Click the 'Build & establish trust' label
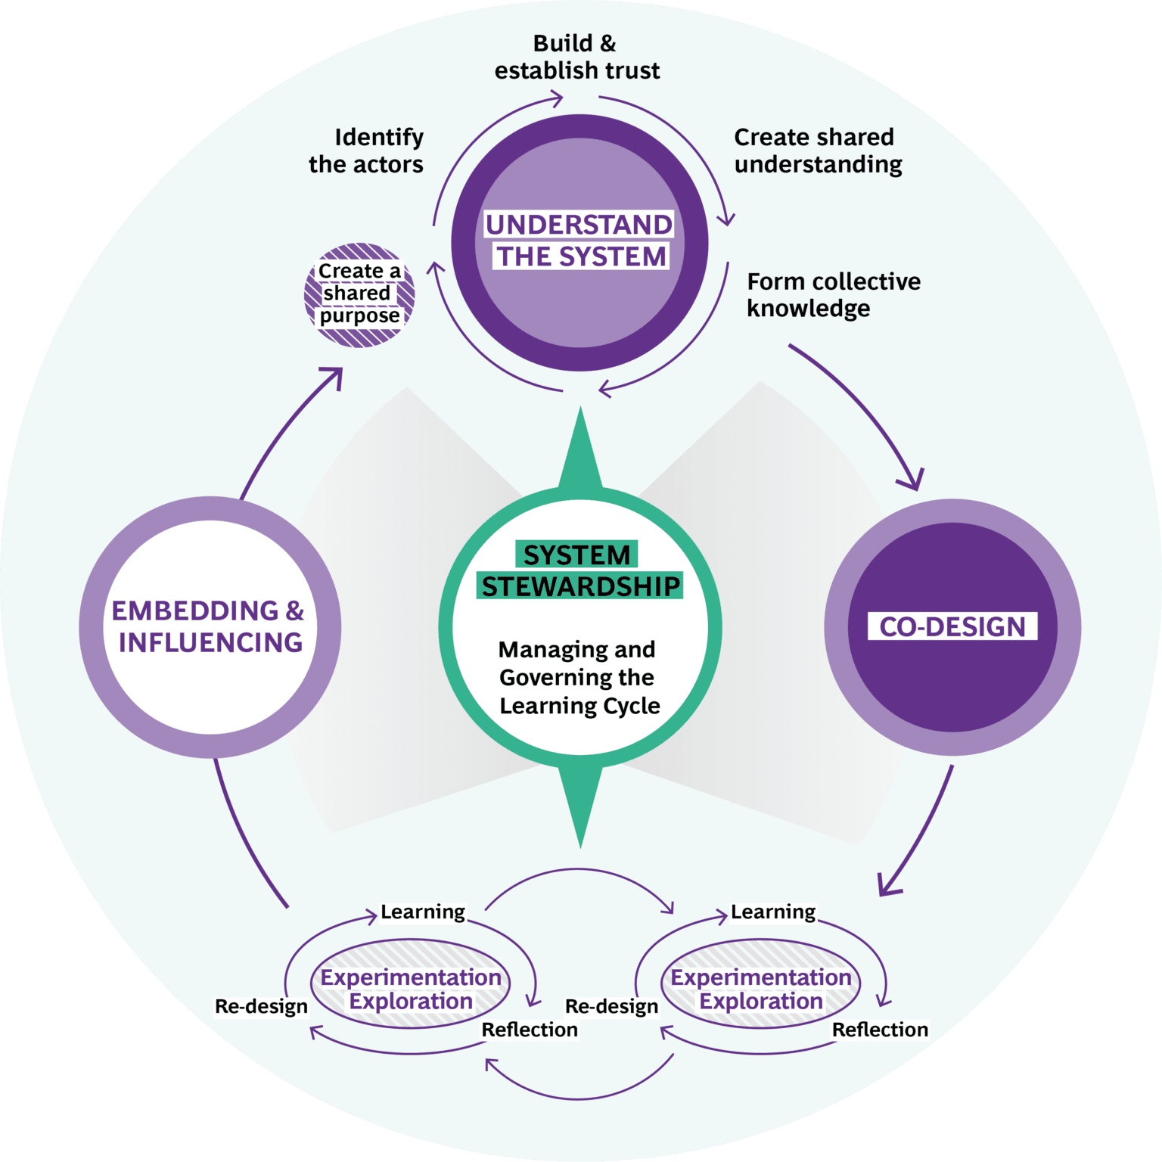tap(576, 57)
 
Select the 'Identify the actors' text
tap(367, 151)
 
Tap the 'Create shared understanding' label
tap(817, 151)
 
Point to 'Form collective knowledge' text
tap(832, 294)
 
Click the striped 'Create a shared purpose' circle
tap(359, 294)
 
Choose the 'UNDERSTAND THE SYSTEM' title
tap(579, 241)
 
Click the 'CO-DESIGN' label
tap(952, 626)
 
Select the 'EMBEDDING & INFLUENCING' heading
tap(209, 626)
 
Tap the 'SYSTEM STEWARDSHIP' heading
tap(579, 570)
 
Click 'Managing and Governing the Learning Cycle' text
tap(579, 677)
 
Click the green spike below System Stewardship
tap(580, 802)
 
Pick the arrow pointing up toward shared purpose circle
tap(287, 431)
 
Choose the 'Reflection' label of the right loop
tap(880, 1030)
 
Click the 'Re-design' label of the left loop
tap(261, 1006)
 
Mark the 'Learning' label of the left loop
tap(422, 912)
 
